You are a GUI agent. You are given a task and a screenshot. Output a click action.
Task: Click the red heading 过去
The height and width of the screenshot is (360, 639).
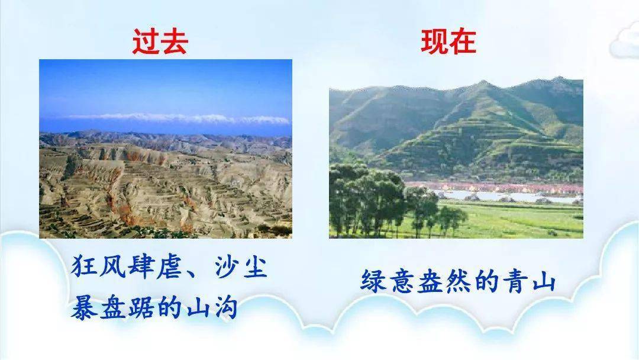click(x=160, y=41)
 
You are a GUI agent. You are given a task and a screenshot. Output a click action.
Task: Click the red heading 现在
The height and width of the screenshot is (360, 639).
click(x=448, y=41)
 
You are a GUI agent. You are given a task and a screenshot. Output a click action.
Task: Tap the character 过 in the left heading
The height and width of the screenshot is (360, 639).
click(x=146, y=41)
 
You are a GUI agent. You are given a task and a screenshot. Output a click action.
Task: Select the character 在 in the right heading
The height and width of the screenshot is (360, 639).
click(x=463, y=41)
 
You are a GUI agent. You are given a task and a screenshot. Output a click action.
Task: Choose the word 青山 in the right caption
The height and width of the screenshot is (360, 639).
click(x=530, y=281)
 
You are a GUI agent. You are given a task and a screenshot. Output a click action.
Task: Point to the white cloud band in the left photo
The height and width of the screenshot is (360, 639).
click(x=179, y=118)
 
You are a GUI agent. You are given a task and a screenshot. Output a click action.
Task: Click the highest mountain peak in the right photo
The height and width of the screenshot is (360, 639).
click(x=483, y=82)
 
